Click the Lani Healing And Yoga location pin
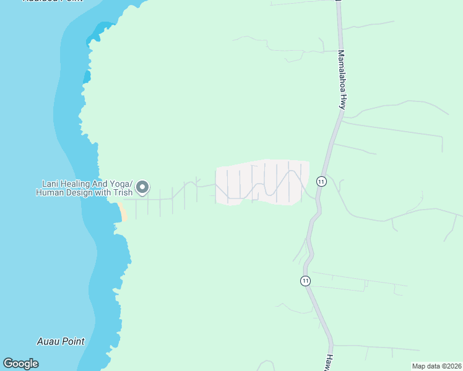pyautogui.click(x=142, y=187)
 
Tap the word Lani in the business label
pyautogui.click(x=50, y=184)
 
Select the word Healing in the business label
pyautogui.click(x=77, y=184)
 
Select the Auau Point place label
pyautogui.click(x=61, y=341)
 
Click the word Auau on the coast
pyautogui.click(x=48, y=341)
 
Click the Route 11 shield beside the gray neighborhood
pyautogui.click(x=321, y=181)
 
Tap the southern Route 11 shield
pyautogui.click(x=305, y=281)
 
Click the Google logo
pyautogui.click(x=20, y=364)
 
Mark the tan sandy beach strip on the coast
pyautogui.click(x=122, y=211)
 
